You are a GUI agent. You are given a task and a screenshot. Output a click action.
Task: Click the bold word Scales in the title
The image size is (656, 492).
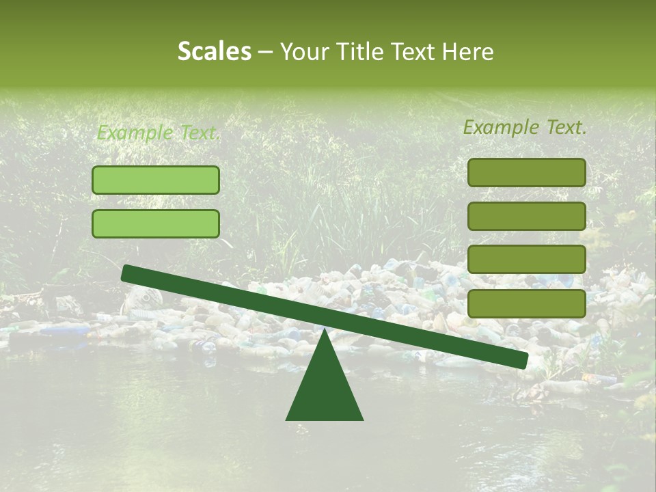tap(214, 52)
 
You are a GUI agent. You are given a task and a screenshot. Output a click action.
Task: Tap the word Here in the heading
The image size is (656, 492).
tap(468, 52)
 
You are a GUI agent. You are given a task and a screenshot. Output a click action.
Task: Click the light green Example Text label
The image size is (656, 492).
tap(157, 133)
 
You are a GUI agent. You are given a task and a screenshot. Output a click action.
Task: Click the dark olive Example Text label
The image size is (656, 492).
tap(525, 127)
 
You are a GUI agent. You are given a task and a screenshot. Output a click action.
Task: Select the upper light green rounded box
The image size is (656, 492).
tap(156, 180)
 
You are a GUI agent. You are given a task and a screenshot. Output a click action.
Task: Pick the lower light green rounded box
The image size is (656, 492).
tap(156, 224)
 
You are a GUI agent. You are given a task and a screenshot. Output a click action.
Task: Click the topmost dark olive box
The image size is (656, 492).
tap(526, 173)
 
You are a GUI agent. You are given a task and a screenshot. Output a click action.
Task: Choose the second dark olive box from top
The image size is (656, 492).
tap(526, 217)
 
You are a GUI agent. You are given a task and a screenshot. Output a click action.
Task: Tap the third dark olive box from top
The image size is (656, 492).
tap(526, 260)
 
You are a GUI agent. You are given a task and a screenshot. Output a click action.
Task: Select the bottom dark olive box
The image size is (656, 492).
tap(526, 303)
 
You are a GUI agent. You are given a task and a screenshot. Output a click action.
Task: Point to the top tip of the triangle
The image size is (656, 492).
tap(325, 331)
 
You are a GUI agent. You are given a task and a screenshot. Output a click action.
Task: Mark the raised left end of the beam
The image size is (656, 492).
tap(126, 273)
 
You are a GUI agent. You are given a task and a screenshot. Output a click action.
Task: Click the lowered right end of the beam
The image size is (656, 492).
tap(523, 360)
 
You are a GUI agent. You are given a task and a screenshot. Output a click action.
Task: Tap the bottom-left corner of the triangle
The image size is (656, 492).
tap(287, 420)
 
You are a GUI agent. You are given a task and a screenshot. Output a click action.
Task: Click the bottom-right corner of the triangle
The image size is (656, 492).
tap(363, 420)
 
